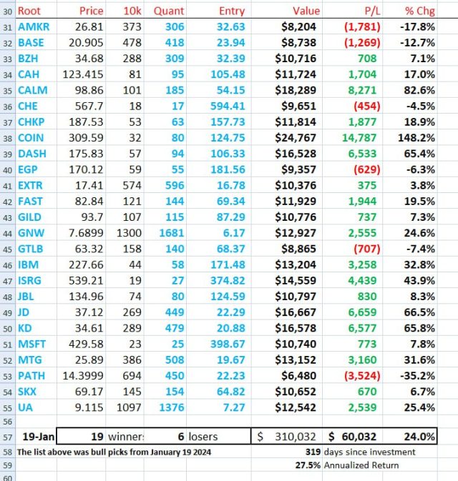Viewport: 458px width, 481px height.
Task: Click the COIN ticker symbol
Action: [x=32, y=136]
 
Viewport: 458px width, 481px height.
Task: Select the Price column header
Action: [x=91, y=11]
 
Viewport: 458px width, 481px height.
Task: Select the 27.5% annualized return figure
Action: [x=308, y=465]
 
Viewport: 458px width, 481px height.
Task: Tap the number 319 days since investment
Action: [x=313, y=451]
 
